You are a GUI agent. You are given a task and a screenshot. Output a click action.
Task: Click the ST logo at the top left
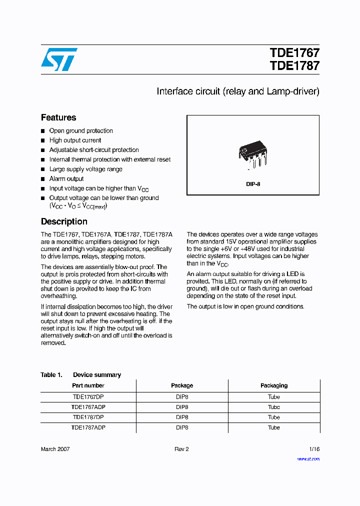[x=59, y=59]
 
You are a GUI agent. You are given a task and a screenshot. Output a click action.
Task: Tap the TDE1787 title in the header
[x=294, y=66]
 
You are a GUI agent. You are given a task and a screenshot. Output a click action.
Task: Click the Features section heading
[x=58, y=117]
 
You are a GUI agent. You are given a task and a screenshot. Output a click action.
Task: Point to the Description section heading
[x=64, y=221]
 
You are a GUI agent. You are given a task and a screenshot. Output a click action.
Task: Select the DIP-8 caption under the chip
[x=253, y=184]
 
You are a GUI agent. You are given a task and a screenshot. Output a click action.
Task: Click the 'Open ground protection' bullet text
[x=81, y=131]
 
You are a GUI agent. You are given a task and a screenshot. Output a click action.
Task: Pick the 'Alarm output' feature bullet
[x=66, y=179]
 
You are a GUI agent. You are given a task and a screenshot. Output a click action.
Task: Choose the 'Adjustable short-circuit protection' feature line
[x=94, y=150]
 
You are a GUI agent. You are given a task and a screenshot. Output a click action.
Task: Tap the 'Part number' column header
[x=88, y=385]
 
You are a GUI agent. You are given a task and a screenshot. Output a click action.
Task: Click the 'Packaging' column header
[x=274, y=385]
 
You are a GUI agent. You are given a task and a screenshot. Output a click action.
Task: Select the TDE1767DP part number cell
[x=88, y=396]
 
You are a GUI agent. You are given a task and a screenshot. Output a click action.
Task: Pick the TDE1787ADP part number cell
[x=88, y=428]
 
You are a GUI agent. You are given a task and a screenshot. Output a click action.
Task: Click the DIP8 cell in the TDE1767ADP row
[x=182, y=407]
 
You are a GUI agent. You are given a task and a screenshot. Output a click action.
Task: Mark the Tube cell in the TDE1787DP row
[x=274, y=417]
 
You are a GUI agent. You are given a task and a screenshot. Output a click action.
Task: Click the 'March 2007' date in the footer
[x=55, y=449]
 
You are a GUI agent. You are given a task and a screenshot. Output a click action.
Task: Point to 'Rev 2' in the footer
[x=181, y=449]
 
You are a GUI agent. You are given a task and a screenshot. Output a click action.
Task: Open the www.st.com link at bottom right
[x=308, y=459]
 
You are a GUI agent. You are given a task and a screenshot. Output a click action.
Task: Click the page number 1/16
[x=313, y=449]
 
